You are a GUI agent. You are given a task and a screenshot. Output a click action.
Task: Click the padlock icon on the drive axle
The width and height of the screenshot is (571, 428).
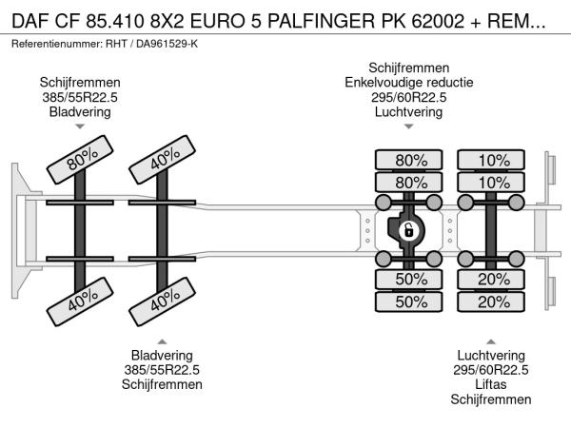(408, 230)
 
